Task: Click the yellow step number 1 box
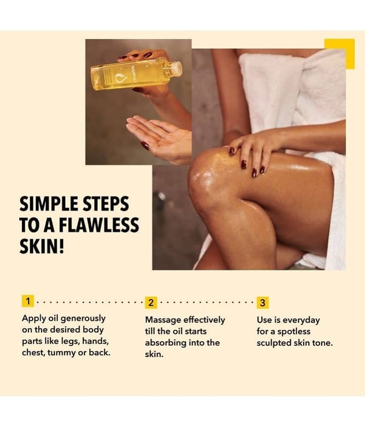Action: pyautogui.click(x=28, y=301)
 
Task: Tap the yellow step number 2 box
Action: pyautogui.click(x=151, y=303)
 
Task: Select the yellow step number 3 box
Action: pyautogui.click(x=262, y=303)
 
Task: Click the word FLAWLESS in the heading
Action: pyautogui.click(x=99, y=225)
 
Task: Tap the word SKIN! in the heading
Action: pyautogui.click(x=42, y=246)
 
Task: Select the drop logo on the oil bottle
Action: pyautogui.click(x=119, y=78)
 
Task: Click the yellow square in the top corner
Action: pyautogui.click(x=339, y=54)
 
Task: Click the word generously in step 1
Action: pyautogui.click(x=83, y=319)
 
